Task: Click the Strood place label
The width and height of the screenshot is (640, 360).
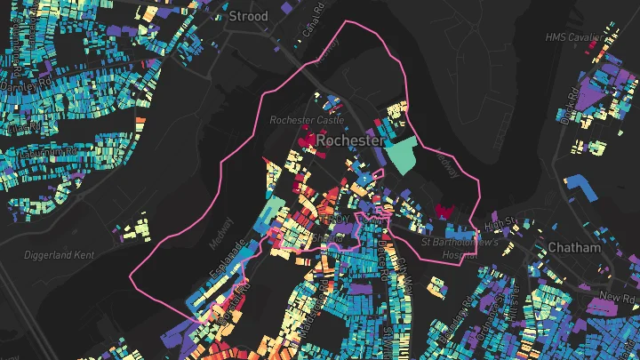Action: [248, 16]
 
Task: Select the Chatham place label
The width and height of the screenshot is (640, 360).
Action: [575, 247]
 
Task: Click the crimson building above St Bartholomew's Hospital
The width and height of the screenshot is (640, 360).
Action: [443, 211]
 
